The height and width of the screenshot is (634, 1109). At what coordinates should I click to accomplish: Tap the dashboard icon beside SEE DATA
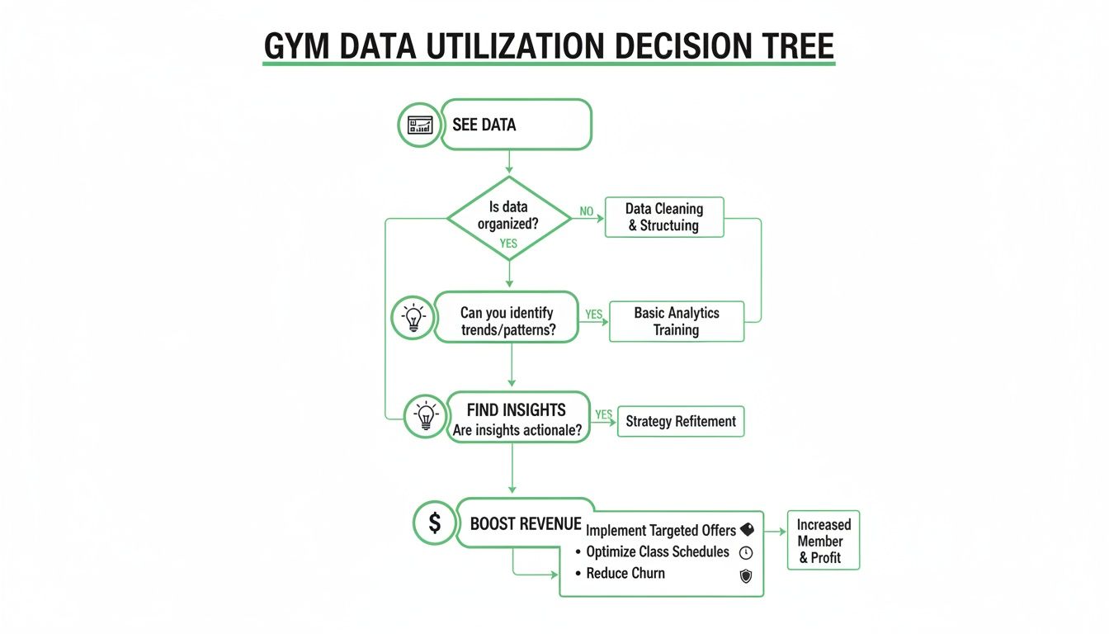419,125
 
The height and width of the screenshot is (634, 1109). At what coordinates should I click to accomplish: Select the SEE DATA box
517,125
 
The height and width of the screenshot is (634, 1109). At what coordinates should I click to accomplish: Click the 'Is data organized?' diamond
508,217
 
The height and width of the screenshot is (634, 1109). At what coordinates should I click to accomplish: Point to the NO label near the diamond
587,211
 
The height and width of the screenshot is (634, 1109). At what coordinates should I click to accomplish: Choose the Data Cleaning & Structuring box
663,217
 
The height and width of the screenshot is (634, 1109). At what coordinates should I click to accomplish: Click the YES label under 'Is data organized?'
508,244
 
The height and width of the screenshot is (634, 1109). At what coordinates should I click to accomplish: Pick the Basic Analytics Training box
676,321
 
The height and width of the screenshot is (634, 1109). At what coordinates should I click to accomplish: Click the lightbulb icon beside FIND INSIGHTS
426,415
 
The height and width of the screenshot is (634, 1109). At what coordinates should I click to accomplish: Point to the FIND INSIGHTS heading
516,409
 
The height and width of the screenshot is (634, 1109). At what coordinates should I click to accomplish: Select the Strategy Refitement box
680,421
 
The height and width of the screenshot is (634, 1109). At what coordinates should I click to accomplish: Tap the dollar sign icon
434,523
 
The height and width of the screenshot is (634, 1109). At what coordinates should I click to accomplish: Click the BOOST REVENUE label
526,524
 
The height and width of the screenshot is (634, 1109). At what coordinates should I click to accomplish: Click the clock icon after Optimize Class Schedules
746,553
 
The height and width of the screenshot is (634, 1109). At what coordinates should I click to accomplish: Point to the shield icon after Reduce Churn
746,576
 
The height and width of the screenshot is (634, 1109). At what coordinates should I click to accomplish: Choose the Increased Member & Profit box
823,541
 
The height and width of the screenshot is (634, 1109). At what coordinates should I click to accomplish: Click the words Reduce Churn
625,574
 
